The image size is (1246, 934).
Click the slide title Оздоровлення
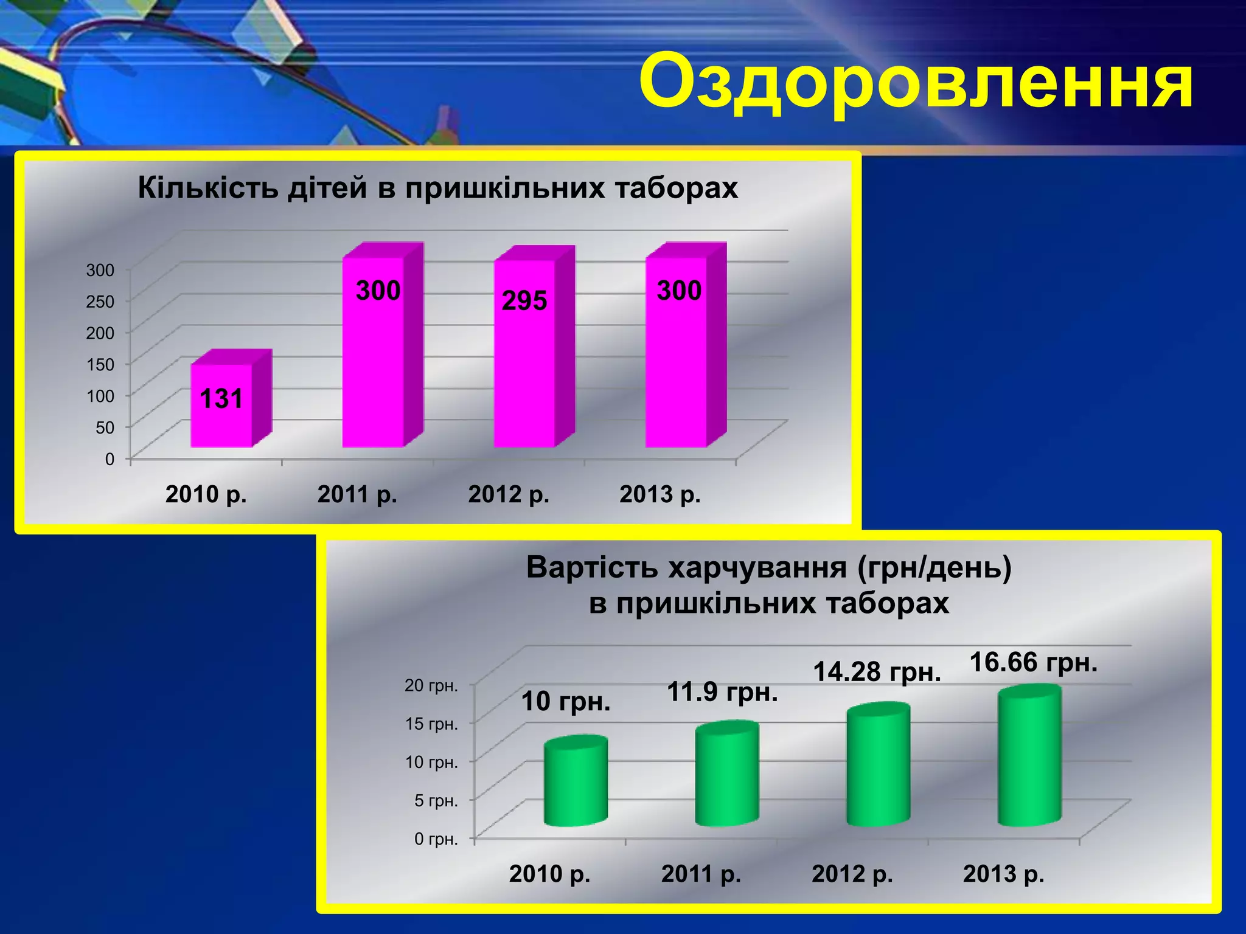916,82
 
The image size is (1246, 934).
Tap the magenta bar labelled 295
524,365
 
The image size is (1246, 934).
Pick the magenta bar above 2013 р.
677,365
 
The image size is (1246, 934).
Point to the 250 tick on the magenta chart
100,301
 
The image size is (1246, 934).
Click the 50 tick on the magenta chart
105,427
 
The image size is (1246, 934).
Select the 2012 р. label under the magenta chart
509,494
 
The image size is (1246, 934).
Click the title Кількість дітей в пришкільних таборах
437,188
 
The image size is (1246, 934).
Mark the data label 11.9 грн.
723,692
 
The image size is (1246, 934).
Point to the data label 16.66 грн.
1033,662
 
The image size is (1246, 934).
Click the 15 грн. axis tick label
431,724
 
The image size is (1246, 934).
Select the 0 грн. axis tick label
436,839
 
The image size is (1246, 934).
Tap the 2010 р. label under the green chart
549,874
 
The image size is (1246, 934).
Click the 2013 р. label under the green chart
1003,874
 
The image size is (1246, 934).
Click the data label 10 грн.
566,702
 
